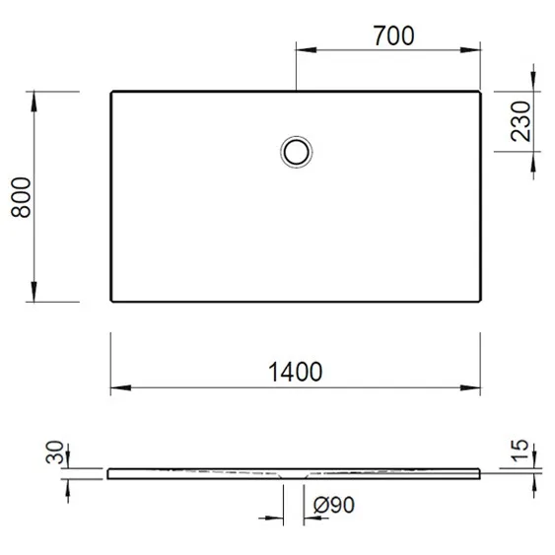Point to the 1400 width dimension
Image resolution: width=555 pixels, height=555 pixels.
click(x=296, y=372)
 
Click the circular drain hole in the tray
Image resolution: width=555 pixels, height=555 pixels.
click(x=295, y=152)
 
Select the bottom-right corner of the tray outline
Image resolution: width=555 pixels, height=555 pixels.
click(x=480, y=301)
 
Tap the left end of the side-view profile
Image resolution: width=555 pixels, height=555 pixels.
click(x=109, y=474)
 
